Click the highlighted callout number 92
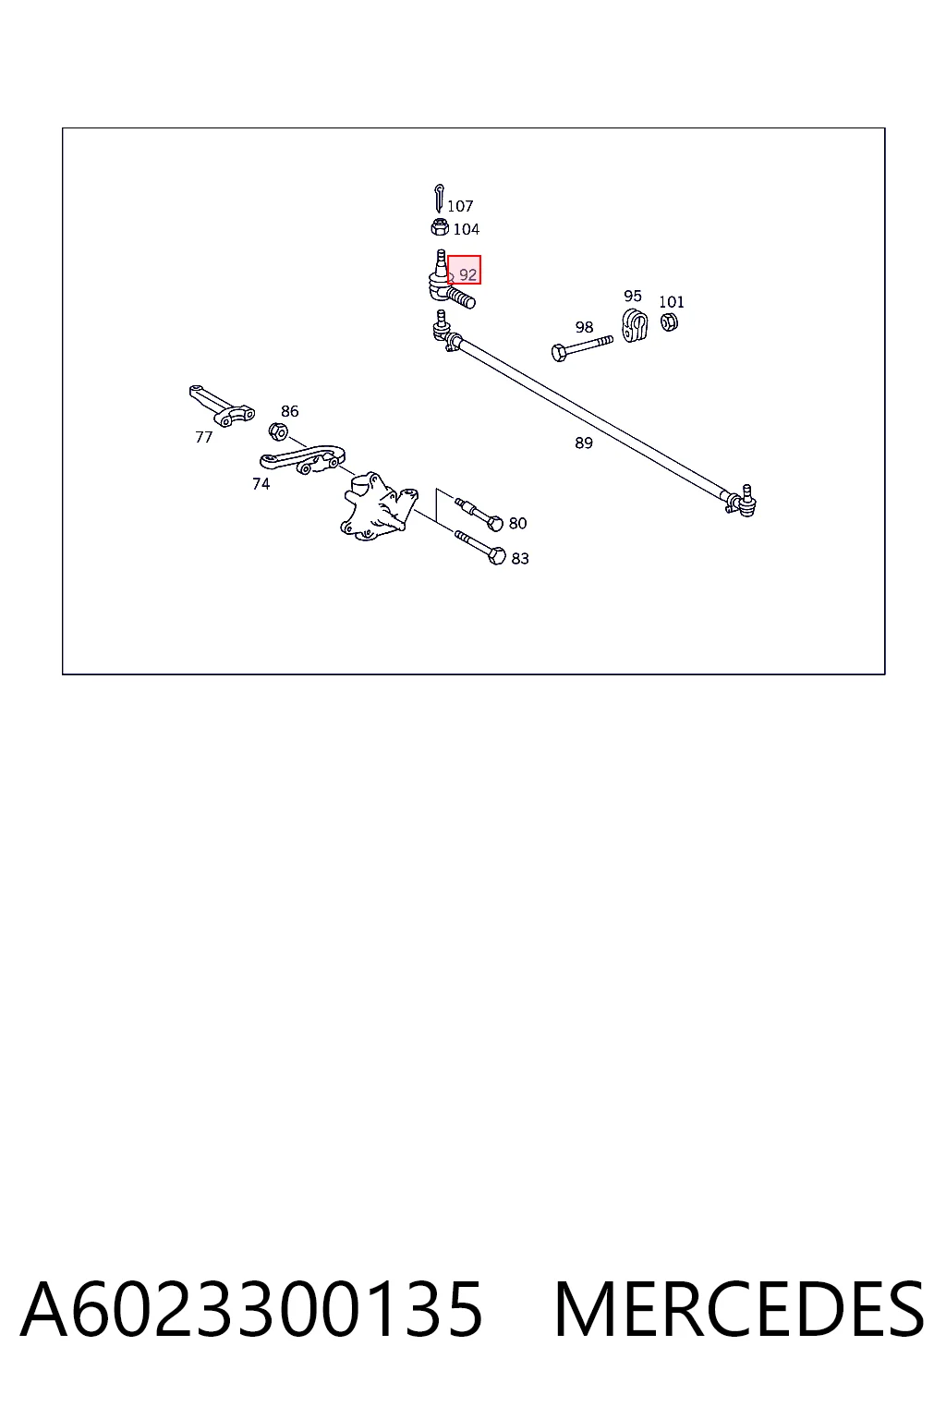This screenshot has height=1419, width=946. (x=467, y=275)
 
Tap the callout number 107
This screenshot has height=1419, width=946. (x=460, y=206)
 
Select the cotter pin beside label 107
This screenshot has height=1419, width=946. (x=439, y=198)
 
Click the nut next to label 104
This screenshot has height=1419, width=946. (x=440, y=226)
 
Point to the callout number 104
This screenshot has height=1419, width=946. (x=467, y=229)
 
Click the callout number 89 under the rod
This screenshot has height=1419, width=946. (x=584, y=443)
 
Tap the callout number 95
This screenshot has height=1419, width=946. (x=632, y=296)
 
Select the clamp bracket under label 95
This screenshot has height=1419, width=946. (x=635, y=325)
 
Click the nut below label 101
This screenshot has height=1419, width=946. (x=669, y=321)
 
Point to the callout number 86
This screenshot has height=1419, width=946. (x=289, y=411)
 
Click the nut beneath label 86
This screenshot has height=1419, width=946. (x=277, y=432)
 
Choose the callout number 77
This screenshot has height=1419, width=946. (x=203, y=437)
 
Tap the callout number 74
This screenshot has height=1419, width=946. (x=261, y=484)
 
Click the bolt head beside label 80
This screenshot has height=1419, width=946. (x=495, y=523)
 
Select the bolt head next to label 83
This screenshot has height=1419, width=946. (x=498, y=556)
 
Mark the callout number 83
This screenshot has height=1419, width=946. (x=519, y=558)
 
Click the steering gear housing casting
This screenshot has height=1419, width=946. (x=379, y=506)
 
